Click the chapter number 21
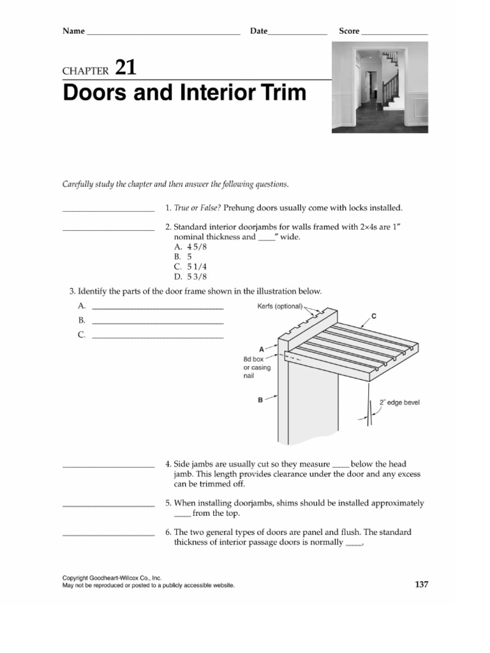coord(124,68)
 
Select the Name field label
coord(73,31)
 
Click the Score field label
coord(349,31)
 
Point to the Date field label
coord(258,31)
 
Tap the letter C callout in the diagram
coord(373,316)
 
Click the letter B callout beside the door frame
coord(260,400)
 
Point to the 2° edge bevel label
coord(399,402)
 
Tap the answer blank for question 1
coord(108,210)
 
